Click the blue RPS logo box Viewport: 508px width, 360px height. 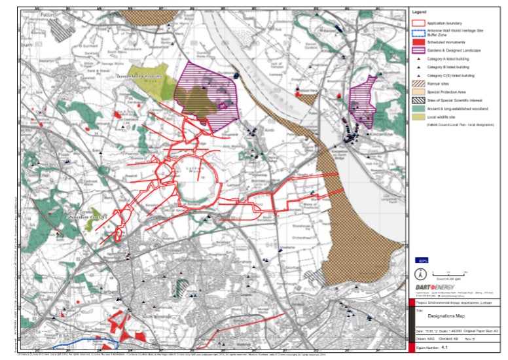tap(422, 260)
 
